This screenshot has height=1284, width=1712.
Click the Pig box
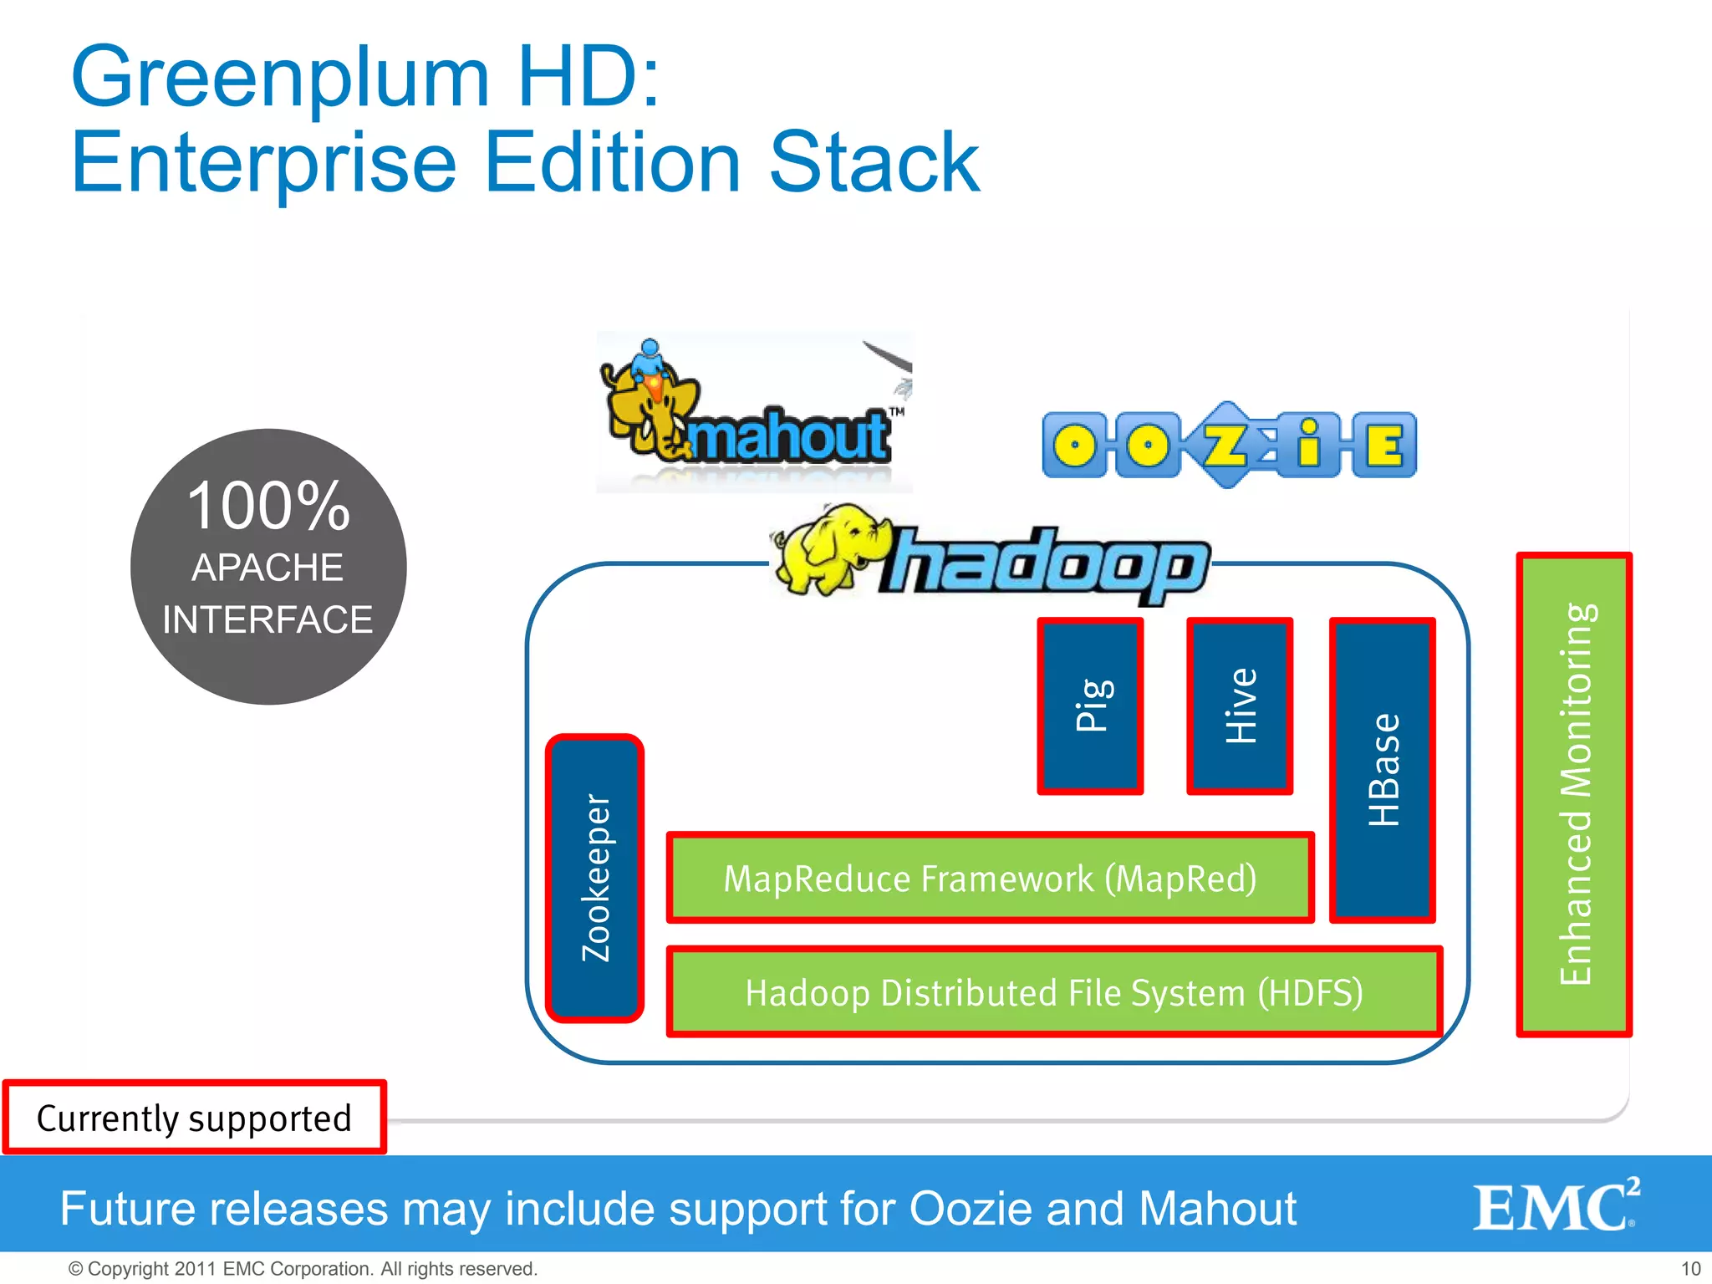point(1090,706)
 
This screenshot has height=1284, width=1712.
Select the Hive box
point(1240,706)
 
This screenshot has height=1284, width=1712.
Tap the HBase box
point(1383,770)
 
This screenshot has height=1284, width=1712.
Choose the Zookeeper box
point(595,878)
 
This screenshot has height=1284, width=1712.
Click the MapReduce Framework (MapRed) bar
point(990,878)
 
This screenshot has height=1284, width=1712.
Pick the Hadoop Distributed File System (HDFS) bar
point(1054,992)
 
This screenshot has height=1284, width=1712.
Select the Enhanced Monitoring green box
point(1574,794)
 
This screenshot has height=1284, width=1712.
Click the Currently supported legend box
point(194,1118)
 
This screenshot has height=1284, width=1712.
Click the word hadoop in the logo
point(1045,564)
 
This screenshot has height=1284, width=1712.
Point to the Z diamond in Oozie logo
point(1226,445)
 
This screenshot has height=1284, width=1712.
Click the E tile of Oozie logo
point(1384,445)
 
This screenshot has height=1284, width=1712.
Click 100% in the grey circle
point(267,507)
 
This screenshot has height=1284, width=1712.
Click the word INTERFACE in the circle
point(267,619)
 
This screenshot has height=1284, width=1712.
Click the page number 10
point(1690,1268)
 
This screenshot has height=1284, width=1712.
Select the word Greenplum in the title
point(280,77)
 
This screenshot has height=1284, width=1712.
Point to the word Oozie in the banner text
point(971,1209)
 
